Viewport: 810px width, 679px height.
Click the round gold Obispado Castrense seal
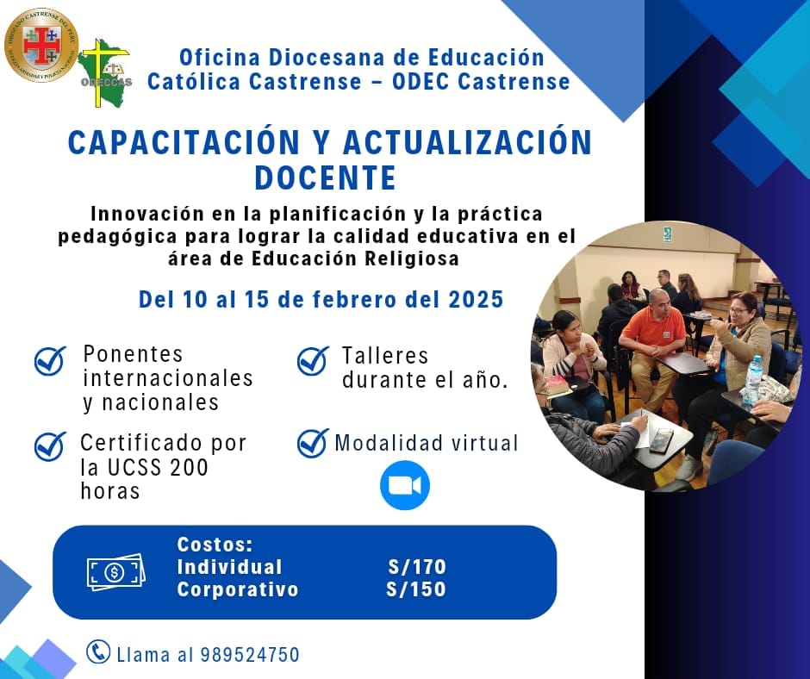pyautogui.click(x=40, y=45)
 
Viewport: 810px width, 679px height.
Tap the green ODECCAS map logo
pyautogui.click(x=105, y=73)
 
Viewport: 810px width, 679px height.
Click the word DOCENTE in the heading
pyautogui.click(x=326, y=178)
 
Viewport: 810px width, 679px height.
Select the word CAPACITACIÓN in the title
pyautogui.click(x=184, y=142)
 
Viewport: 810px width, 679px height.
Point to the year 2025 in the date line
pyautogui.click(x=476, y=300)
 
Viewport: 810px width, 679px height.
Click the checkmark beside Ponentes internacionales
pyautogui.click(x=50, y=360)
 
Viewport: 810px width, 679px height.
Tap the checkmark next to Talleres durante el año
pyautogui.click(x=313, y=360)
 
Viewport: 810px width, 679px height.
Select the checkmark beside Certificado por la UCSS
pyautogui.click(x=50, y=446)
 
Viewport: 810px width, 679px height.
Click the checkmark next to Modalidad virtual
pyautogui.click(x=313, y=444)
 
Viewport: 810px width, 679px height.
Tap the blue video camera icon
pyautogui.click(x=405, y=485)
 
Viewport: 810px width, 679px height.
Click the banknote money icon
pyautogui.click(x=115, y=572)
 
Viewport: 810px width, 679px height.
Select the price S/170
pyautogui.click(x=417, y=567)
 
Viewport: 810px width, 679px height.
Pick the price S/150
pyautogui.click(x=416, y=589)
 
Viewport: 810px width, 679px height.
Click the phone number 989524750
pyautogui.click(x=250, y=655)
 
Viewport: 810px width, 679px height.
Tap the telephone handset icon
pyautogui.click(x=98, y=651)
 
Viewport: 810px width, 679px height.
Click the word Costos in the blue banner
pyautogui.click(x=215, y=544)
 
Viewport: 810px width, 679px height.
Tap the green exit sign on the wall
pyautogui.click(x=668, y=234)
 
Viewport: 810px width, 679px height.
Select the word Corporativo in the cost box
pyautogui.click(x=238, y=589)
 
